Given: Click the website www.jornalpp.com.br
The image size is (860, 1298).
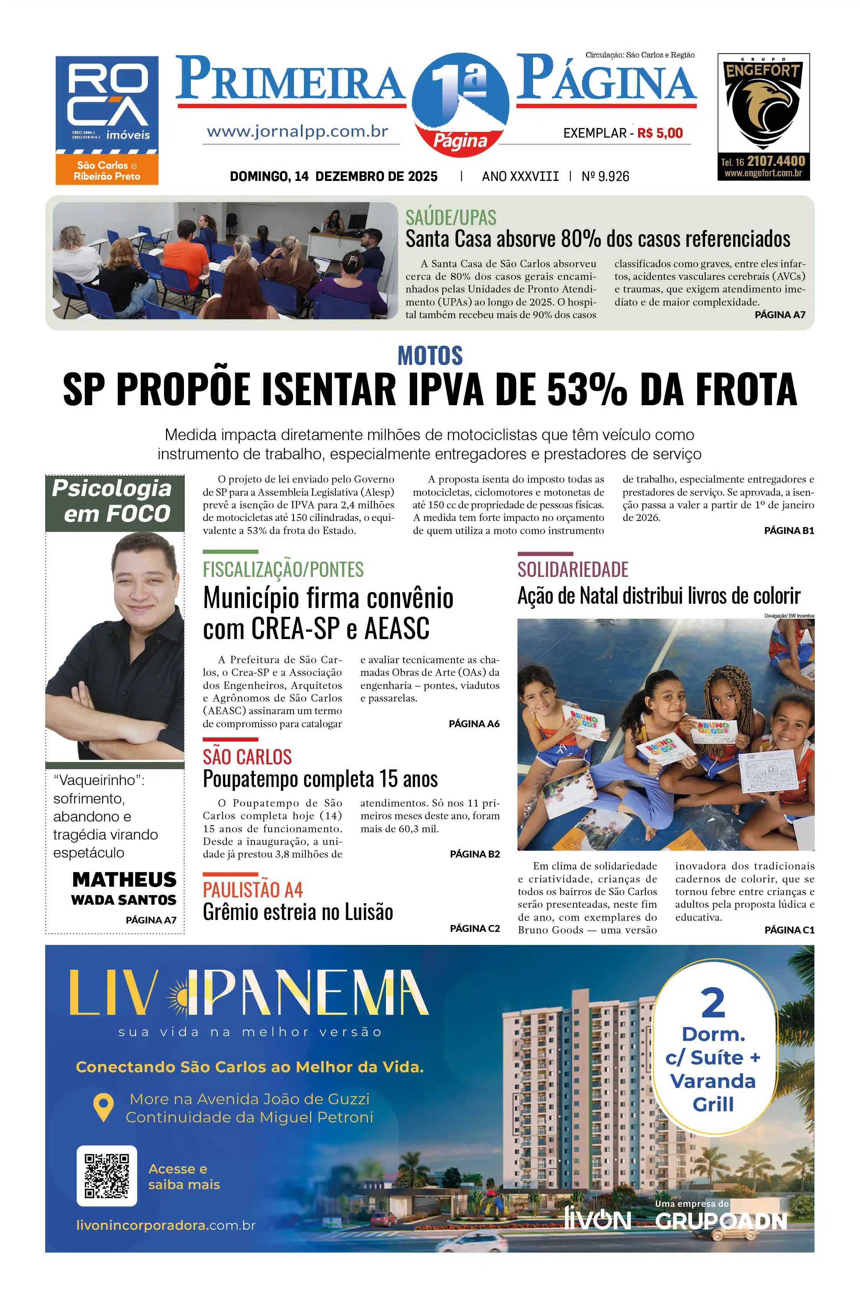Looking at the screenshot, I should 298,131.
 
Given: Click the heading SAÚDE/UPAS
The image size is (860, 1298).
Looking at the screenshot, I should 451,218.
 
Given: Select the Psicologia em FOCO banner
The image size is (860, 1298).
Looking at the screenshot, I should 115,501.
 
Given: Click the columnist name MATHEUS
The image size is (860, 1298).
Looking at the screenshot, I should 125,879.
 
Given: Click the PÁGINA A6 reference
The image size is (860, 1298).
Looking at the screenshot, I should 474,724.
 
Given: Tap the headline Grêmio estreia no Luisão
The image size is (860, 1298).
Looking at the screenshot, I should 298,912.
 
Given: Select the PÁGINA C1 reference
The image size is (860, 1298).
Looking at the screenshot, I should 789,930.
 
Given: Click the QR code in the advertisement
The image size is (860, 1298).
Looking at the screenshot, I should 107,1176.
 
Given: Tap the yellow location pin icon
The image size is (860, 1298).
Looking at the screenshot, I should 103,1107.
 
